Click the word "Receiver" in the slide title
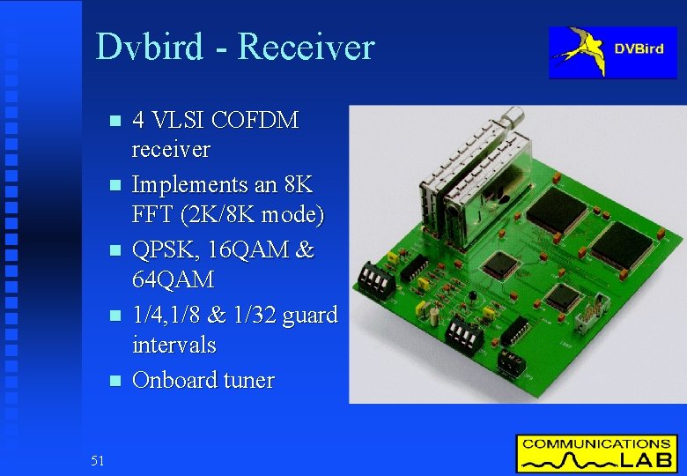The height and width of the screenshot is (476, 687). click(x=306, y=47)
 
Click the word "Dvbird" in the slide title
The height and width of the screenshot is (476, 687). click(x=149, y=47)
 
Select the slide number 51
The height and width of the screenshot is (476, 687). click(x=97, y=459)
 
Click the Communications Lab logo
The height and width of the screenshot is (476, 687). click(x=596, y=453)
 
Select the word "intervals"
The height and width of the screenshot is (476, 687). click(x=174, y=345)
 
